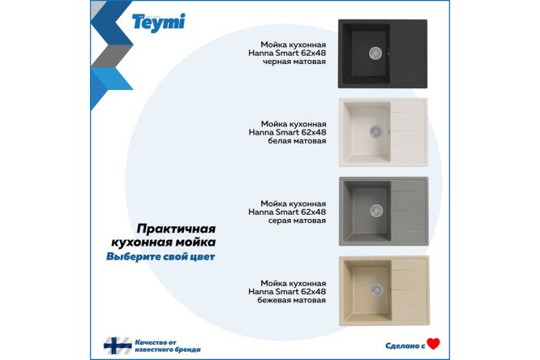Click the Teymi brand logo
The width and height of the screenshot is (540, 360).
click(158, 23)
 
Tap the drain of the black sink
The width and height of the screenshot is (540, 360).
click(375, 53)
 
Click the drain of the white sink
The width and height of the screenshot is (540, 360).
click(375, 131)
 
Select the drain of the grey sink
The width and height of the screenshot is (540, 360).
click(376, 211)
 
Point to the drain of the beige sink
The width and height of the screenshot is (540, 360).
click(377, 289)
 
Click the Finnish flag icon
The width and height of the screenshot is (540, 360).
click(118, 345)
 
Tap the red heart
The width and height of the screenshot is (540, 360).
click(433, 344)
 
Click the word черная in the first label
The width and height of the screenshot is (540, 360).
click(277, 62)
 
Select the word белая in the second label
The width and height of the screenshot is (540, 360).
click(280, 141)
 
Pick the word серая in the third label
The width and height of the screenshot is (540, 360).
click(280, 221)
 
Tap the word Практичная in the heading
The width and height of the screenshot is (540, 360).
click(176, 229)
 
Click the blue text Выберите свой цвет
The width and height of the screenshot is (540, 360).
click(161, 257)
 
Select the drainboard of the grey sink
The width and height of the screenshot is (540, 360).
click(409, 211)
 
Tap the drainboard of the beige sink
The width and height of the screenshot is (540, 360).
click(409, 290)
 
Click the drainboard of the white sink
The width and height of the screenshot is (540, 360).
click(409, 131)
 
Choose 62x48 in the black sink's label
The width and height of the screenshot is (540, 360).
click(314, 53)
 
